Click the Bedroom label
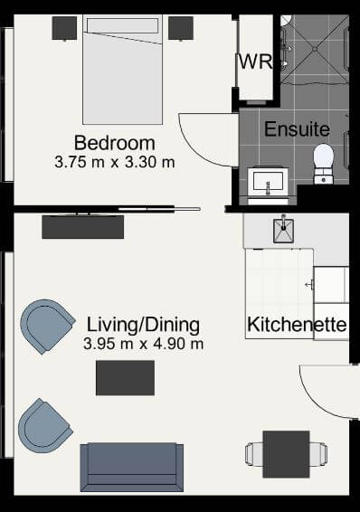coord(115,143)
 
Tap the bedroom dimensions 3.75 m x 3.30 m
coord(115,162)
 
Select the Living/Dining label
coord(143,325)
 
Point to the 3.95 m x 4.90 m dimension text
coord(143,344)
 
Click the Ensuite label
coord(297,129)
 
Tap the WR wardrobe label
coord(255,62)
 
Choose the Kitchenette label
coord(297,325)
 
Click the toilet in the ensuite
coord(324,164)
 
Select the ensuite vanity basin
coord(268,182)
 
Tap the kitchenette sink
coord(283,231)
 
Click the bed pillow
coord(122,25)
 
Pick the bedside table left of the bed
coord(64,28)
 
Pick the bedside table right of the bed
coord(181,28)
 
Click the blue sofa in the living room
coord(132,467)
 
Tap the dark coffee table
coord(125,378)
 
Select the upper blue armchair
coord(47,327)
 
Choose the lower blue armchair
coord(44,426)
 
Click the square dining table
coord(286,454)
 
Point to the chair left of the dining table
coord(254,454)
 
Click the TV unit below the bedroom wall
coord(83,227)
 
